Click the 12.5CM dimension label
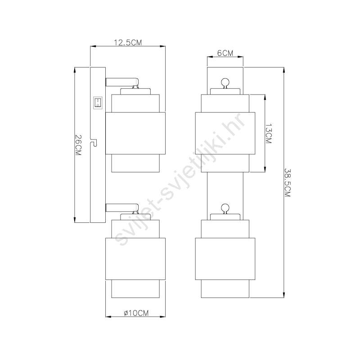coord(128,42)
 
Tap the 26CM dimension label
coord(78,145)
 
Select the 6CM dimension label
coord(225,53)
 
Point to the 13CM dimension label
coord(268,134)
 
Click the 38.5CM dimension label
coord(288,183)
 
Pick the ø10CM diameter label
coord(136,313)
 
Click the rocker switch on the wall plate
coord(98,103)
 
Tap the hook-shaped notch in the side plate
coord(94,143)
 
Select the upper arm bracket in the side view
coord(122,82)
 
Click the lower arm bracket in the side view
coord(122,208)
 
